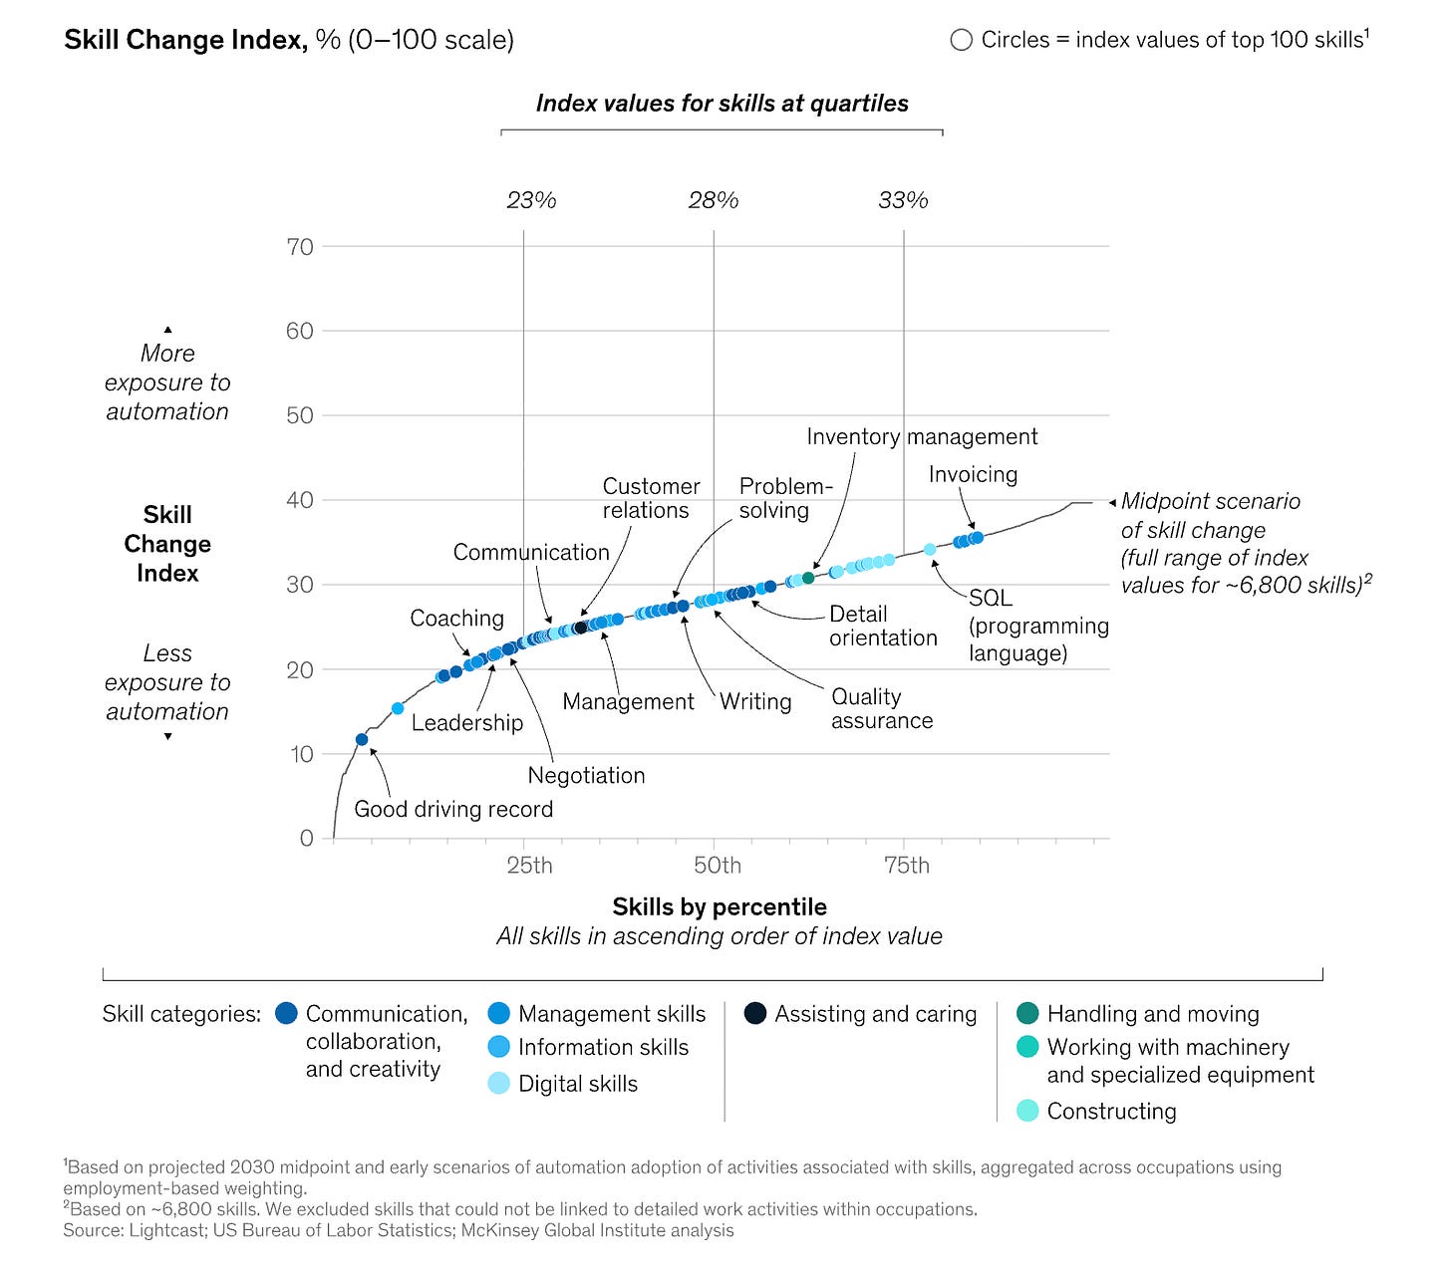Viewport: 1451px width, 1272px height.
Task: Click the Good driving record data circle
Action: [362, 739]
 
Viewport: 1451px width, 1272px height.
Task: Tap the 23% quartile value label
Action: [531, 200]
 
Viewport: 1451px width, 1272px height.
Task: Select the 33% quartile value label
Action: [903, 200]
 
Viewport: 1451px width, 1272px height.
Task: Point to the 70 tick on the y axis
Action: [300, 247]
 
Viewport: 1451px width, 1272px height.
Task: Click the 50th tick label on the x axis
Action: [718, 865]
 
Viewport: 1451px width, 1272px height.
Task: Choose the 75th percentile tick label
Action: [907, 865]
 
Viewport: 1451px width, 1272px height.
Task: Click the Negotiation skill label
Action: [586, 775]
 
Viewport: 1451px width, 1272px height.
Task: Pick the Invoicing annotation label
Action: [973, 474]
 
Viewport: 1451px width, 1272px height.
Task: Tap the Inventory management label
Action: [922, 436]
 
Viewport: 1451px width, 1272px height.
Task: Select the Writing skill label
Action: [755, 701]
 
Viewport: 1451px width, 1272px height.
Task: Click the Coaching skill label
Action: [456, 618]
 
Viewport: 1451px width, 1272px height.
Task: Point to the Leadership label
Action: [466, 722]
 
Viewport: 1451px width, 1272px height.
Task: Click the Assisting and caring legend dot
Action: [755, 1014]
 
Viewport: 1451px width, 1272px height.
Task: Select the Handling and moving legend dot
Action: [1027, 1014]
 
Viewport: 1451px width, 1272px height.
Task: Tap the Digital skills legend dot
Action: [499, 1084]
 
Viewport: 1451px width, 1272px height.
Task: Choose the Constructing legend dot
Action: [1027, 1111]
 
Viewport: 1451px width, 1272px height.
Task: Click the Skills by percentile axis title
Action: [720, 906]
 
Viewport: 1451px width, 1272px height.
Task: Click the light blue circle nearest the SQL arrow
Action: [930, 549]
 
